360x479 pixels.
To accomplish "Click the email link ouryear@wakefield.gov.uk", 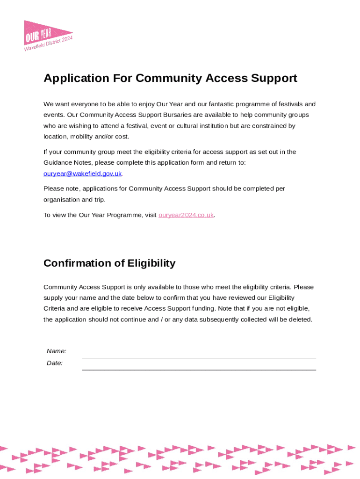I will click(x=82, y=174).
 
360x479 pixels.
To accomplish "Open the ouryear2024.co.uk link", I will click(x=186, y=215).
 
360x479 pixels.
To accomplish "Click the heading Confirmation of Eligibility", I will click(x=109, y=263).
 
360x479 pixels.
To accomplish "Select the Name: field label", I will click(x=56, y=351).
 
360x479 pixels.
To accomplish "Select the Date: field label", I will click(x=55, y=363).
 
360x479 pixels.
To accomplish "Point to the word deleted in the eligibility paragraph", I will click(x=300, y=320).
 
